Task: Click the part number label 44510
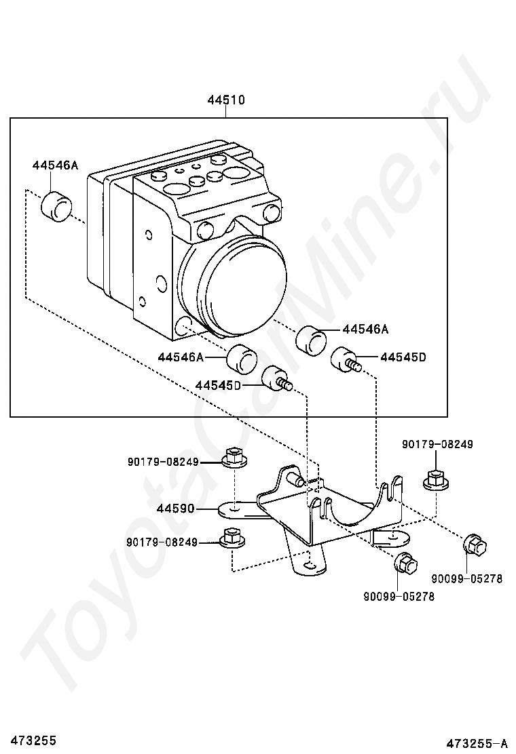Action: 226,100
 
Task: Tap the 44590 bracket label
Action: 175,509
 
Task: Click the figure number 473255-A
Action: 477,744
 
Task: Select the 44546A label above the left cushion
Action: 55,165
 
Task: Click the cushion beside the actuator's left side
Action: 57,207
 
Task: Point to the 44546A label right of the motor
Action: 365,330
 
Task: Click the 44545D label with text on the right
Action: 403,357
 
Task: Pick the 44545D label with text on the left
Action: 217,385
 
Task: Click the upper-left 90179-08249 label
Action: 163,462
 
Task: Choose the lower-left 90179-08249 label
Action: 162,542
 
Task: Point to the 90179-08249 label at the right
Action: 437,444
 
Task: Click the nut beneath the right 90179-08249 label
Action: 436,480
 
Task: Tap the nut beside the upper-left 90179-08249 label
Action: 235,457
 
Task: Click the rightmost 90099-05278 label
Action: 467,578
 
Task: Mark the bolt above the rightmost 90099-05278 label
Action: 475,545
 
